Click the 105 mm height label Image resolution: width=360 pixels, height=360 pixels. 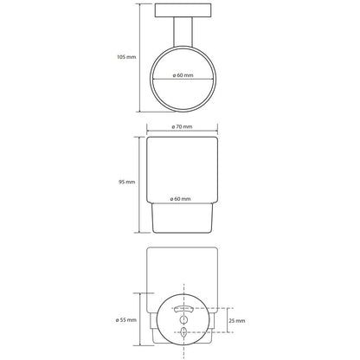click(x=126, y=57)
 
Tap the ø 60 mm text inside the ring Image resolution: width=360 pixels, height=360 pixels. click(x=183, y=75)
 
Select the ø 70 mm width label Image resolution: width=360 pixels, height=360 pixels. click(x=182, y=126)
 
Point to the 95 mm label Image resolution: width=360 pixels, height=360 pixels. click(x=126, y=182)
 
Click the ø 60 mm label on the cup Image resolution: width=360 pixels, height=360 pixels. click(x=180, y=199)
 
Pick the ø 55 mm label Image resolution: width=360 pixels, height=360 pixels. click(x=125, y=320)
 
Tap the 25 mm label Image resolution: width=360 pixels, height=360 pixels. click(x=237, y=321)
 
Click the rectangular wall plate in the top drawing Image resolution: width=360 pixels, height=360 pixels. click(x=183, y=10)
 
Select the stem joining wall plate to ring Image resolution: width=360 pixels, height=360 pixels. click(x=183, y=32)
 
